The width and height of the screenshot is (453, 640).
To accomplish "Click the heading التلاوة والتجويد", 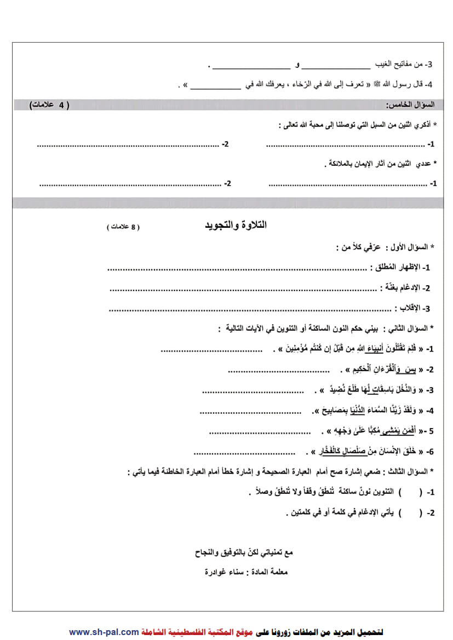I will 236,225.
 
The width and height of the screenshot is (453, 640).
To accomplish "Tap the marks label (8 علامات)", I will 123,227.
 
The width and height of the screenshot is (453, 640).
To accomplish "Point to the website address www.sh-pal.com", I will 104,632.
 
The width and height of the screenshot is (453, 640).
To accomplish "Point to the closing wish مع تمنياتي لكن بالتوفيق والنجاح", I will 244,552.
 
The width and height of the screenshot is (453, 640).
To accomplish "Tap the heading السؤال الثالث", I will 415,471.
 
